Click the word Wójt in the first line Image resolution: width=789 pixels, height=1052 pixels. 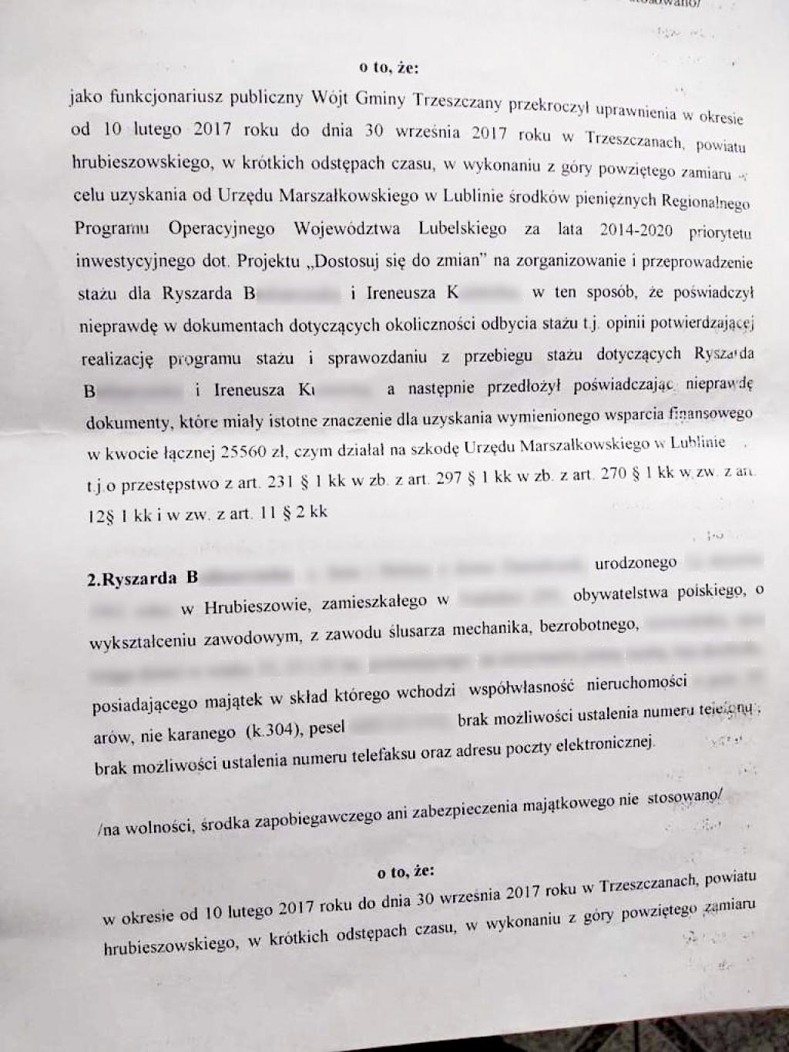tap(330, 99)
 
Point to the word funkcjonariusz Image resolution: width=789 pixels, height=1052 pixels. tap(153, 97)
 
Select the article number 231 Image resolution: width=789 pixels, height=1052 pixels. tap(281, 482)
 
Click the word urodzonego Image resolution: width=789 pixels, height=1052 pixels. tap(635, 563)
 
